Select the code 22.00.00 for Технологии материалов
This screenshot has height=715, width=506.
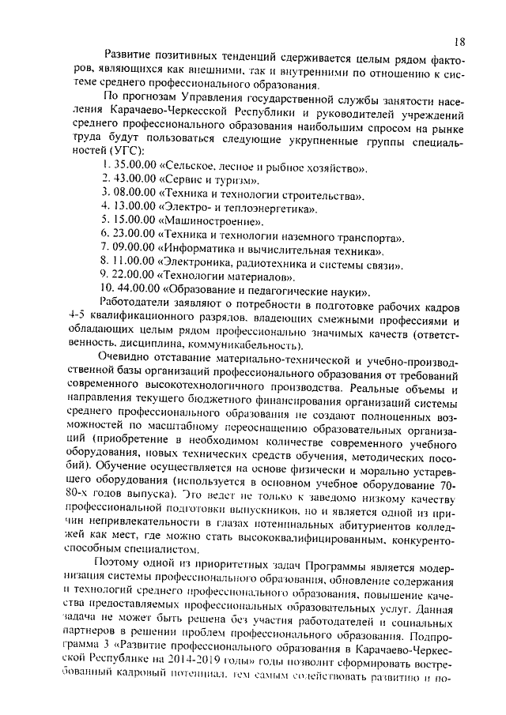[x=135, y=277]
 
